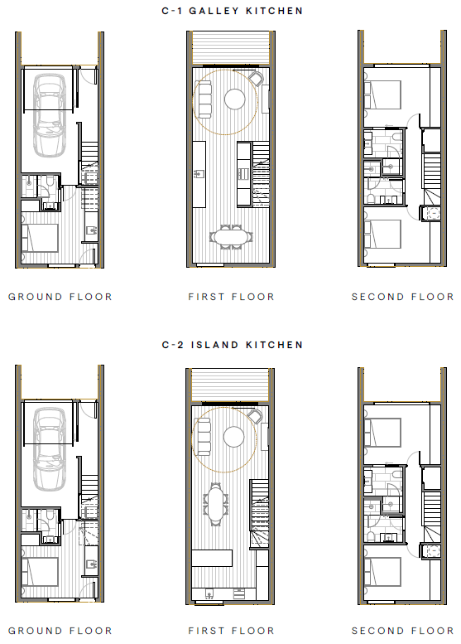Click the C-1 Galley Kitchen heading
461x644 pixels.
[x=232, y=11]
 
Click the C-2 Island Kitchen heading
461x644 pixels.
[x=232, y=345]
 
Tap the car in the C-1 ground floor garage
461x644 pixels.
[x=50, y=114]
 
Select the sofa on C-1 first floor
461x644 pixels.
[x=204, y=98]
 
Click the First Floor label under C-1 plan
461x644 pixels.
[x=231, y=297]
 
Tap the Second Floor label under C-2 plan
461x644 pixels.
[x=402, y=631]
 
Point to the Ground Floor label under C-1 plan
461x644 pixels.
[x=60, y=297]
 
